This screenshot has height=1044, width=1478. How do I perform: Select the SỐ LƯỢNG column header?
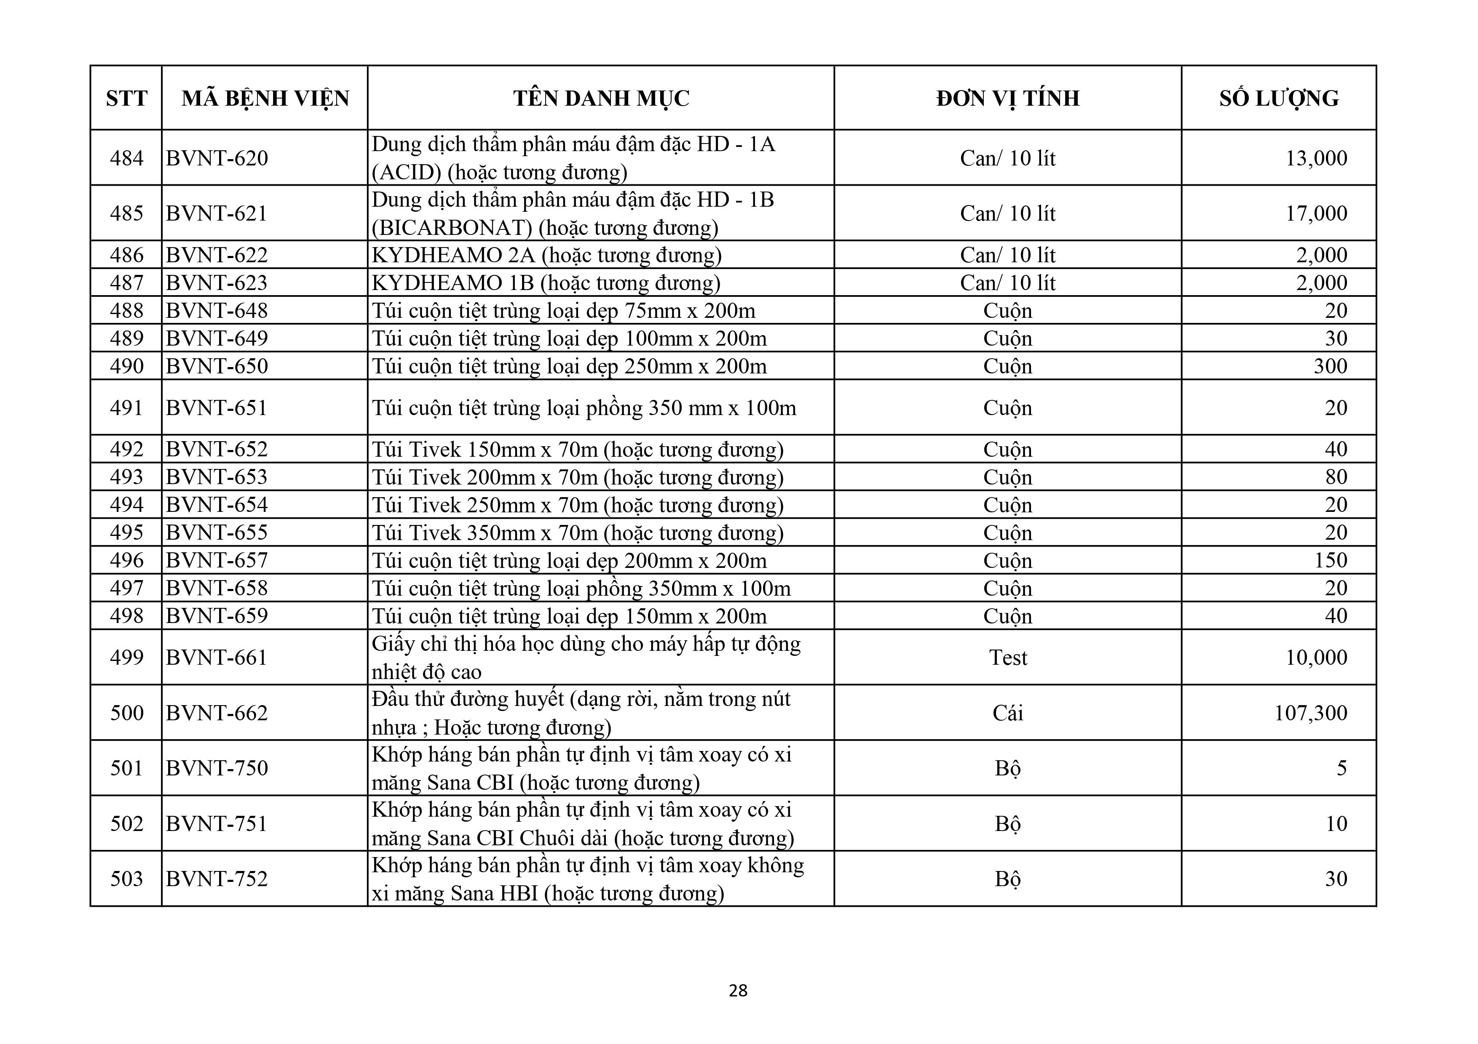(1278, 98)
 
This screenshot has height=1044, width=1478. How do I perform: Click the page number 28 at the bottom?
(738, 990)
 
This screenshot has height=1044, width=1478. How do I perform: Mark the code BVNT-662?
(217, 713)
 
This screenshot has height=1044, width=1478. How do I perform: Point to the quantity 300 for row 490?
(1330, 366)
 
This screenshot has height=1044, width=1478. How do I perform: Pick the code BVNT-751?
(217, 823)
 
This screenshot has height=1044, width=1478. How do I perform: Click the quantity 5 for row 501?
(1341, 768)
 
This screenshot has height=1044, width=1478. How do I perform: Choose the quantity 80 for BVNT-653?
(1336, 477)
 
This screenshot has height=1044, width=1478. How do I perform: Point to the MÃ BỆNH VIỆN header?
(265, 98)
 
